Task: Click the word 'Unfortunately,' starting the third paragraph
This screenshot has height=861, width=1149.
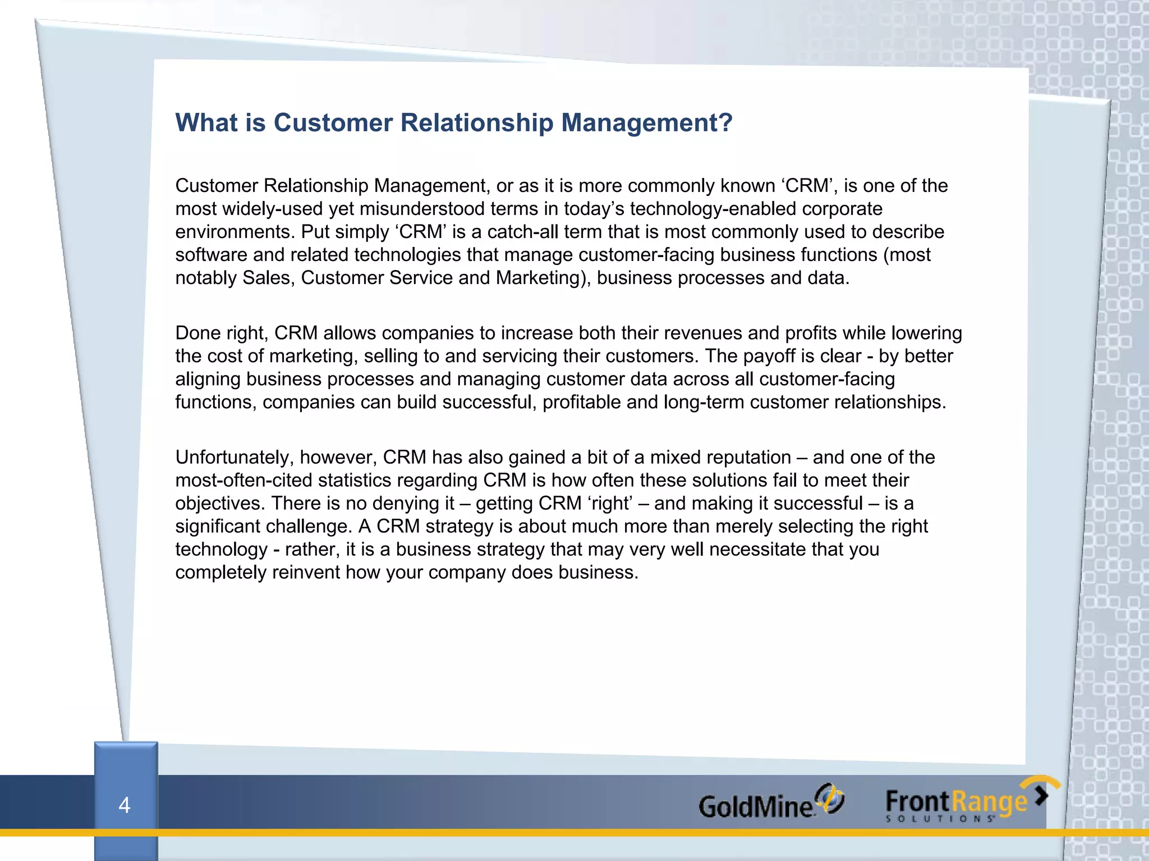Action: point(235,457)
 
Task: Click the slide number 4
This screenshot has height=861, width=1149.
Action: point(125,805)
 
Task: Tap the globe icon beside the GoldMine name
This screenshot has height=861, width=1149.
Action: point(829,798)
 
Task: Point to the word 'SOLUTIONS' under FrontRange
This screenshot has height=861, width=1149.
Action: point(940,819)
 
